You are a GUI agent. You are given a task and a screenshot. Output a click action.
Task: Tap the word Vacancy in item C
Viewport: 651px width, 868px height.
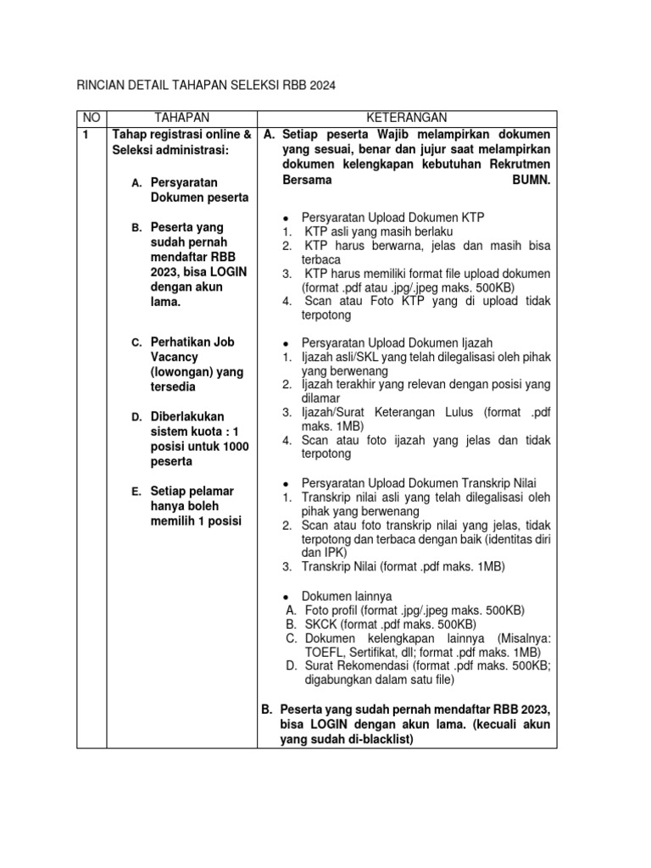click(173, 358)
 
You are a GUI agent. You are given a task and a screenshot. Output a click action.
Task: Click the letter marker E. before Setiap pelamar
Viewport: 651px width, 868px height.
click(136, 492)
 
